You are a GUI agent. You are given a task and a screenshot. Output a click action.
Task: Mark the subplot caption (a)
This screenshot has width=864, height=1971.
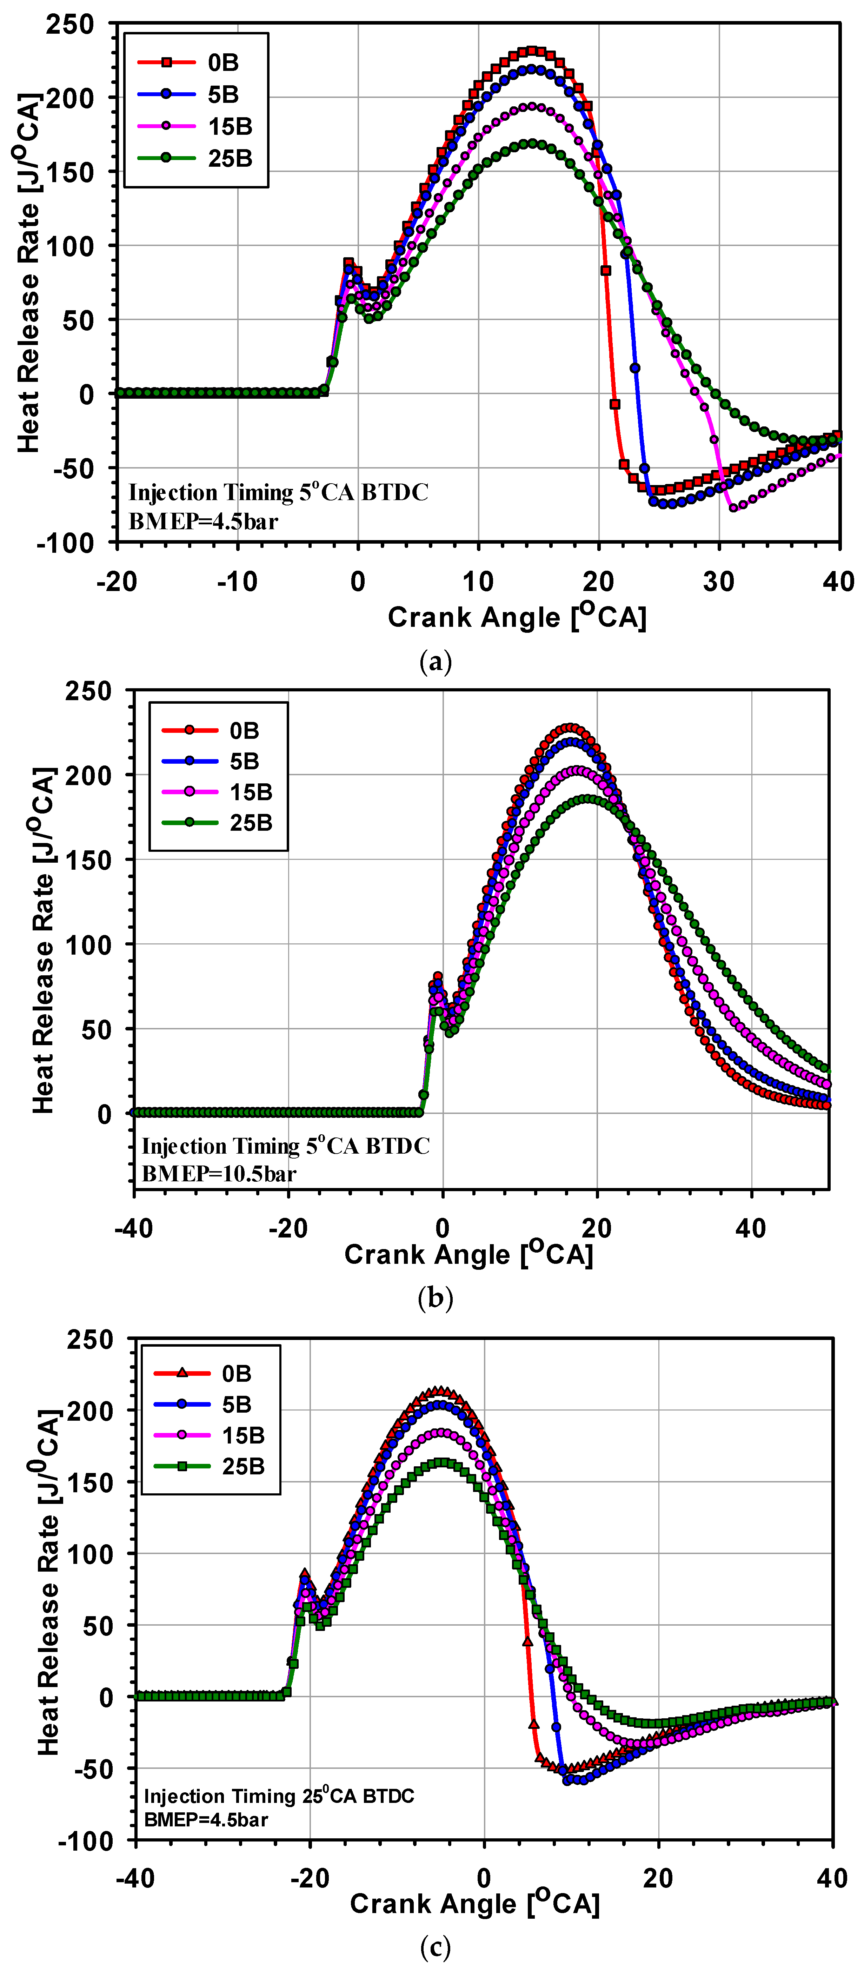[436, 661]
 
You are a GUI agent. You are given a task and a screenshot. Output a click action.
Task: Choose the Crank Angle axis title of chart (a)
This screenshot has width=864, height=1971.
[517, 617]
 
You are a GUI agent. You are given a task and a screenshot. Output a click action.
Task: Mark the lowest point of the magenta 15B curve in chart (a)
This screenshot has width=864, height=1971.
[733, 507]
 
